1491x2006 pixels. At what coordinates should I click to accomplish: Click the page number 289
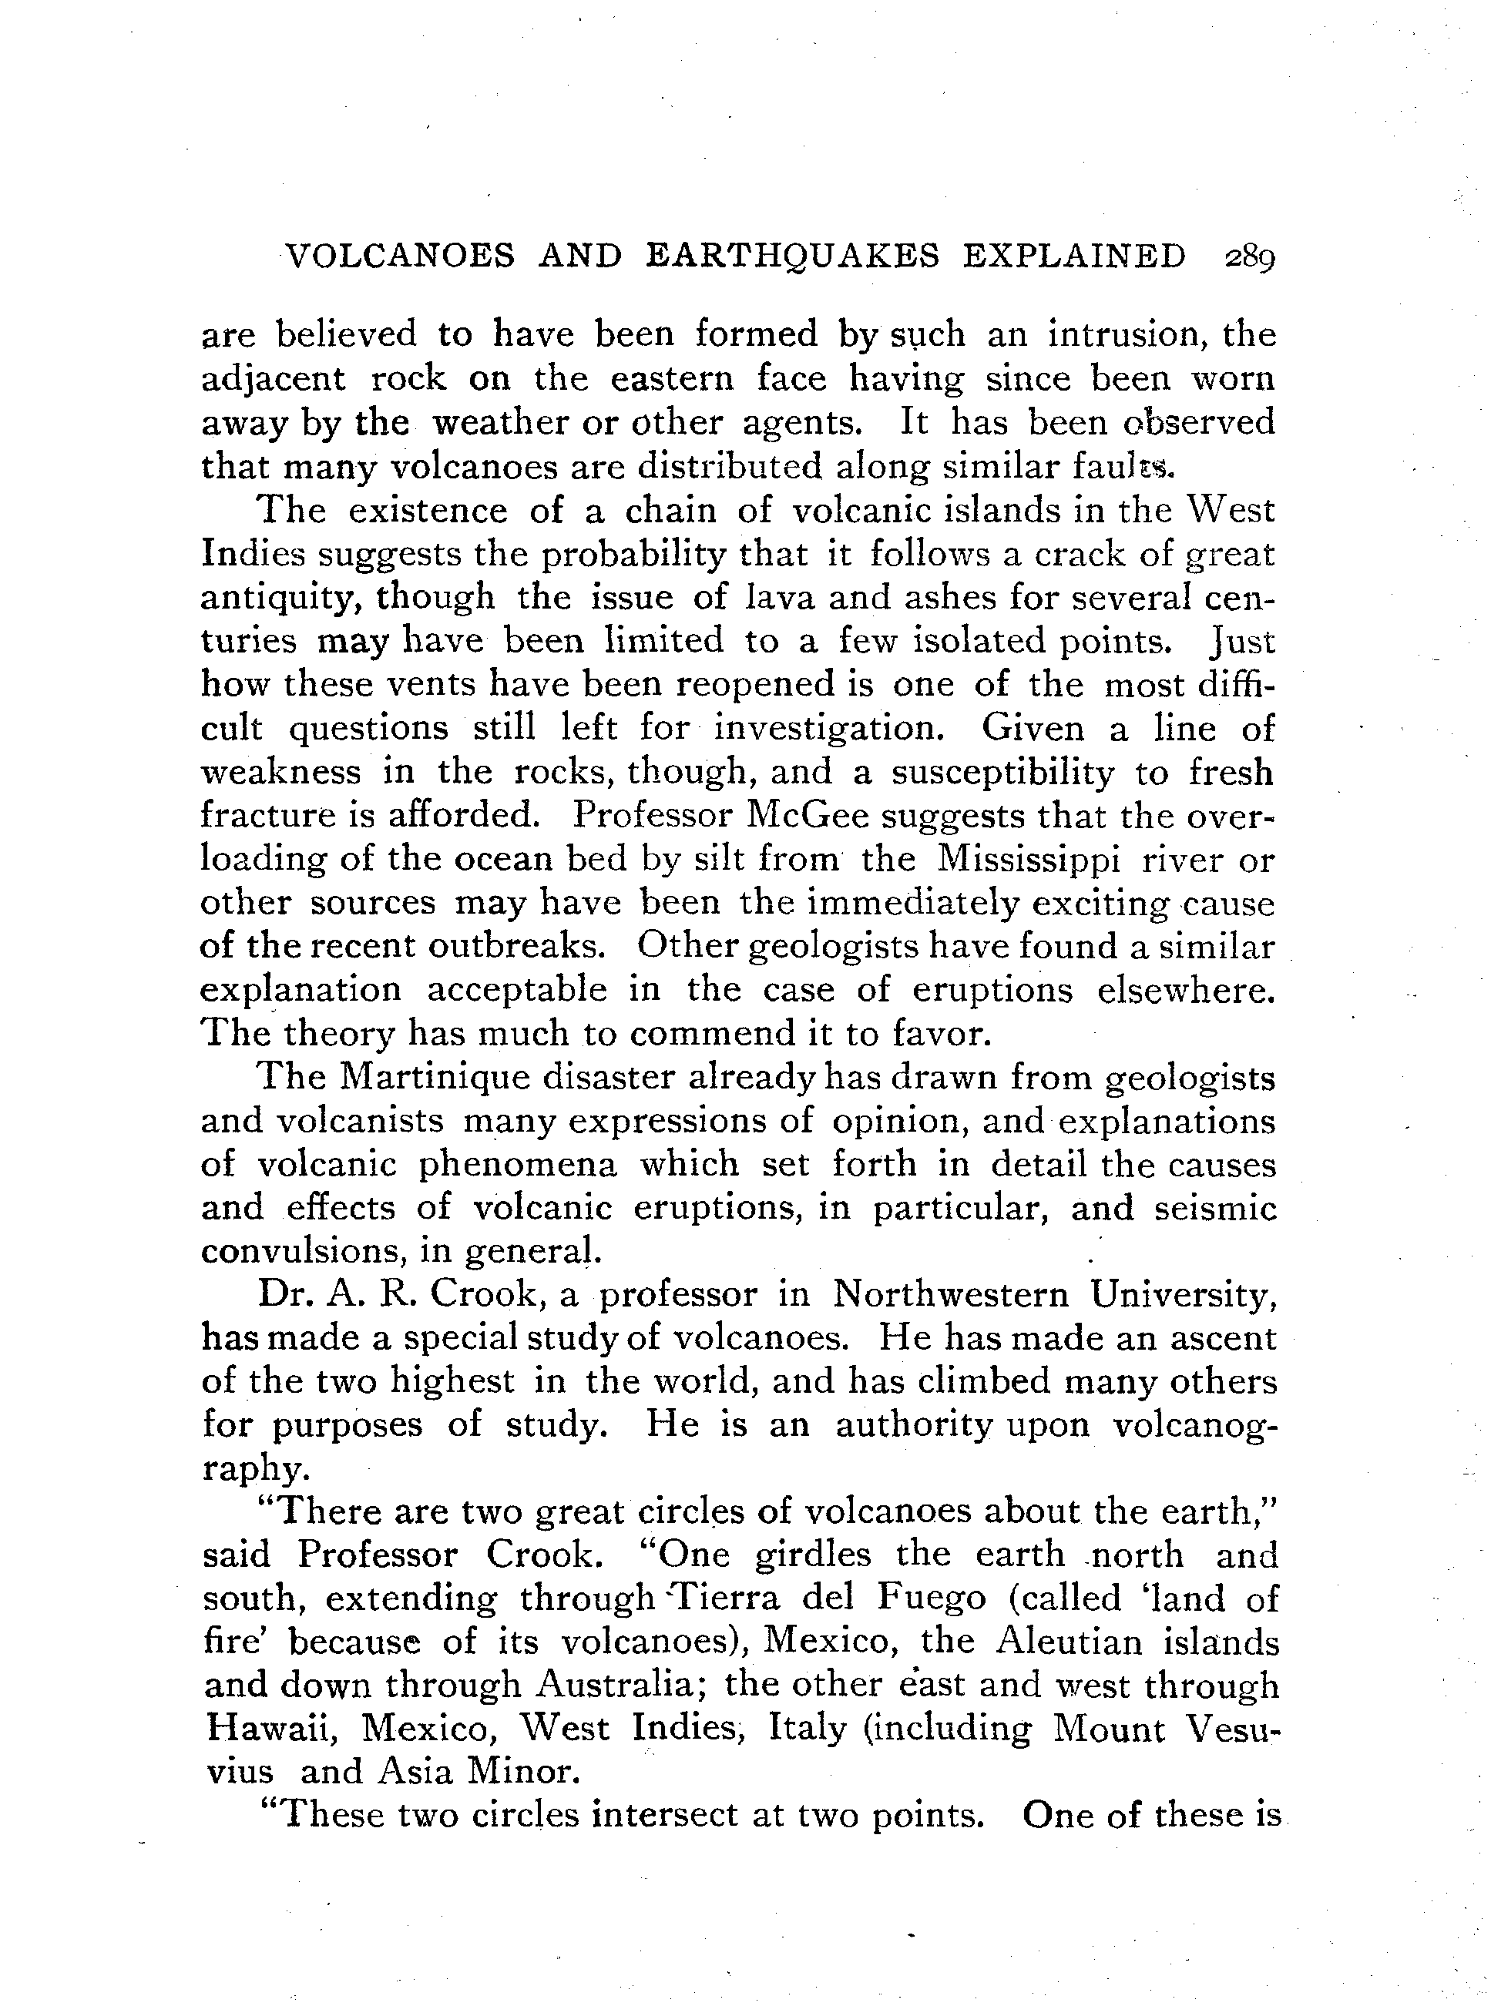pos(1248,257)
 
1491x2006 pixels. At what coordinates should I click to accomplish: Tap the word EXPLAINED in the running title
pos(1074,257)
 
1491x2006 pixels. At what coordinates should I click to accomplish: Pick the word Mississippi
pos(1029,858)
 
